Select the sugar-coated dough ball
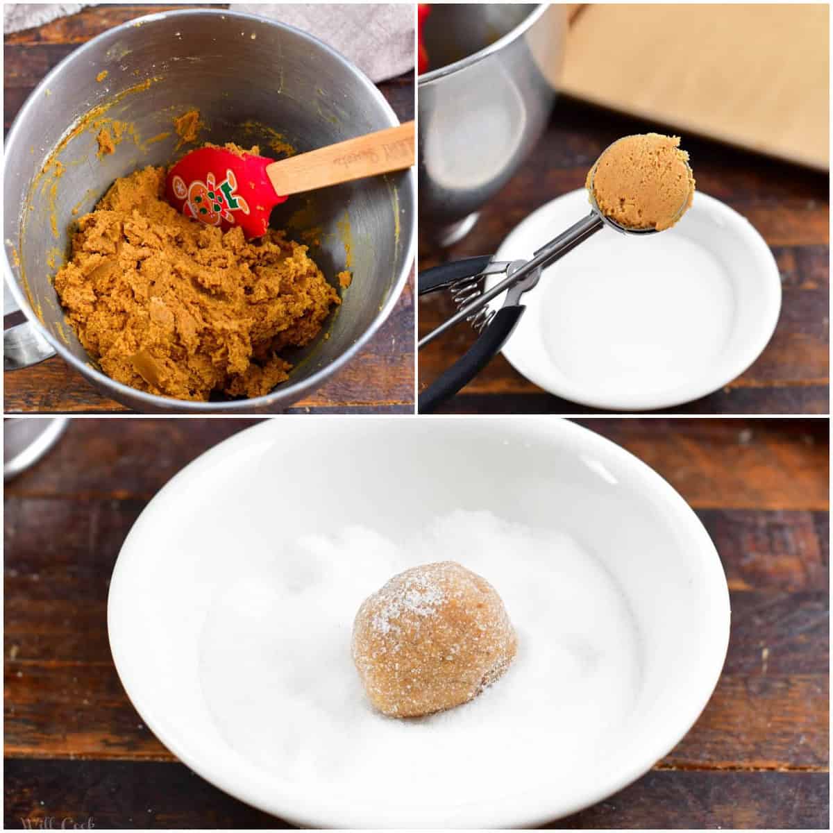coord(434,638)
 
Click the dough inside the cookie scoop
coord(640,181)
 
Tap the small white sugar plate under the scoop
coord(646,319)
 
